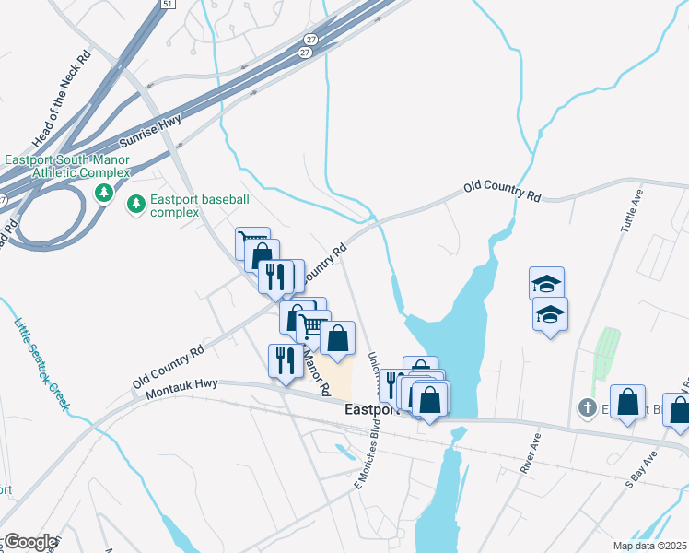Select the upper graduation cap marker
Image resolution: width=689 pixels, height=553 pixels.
point(547,283)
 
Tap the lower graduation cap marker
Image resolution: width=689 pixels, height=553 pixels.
point(550,314)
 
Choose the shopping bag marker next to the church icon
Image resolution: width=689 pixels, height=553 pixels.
point(627,402)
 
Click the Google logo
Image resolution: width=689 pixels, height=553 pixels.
point(29,542)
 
